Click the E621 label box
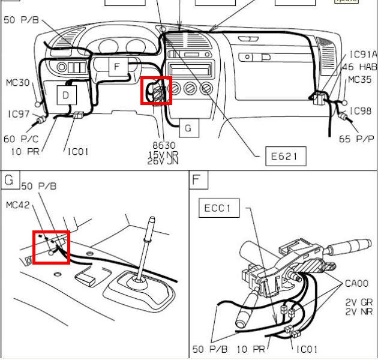[285, 157]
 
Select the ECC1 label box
[218, 209]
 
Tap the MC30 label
[18, 83]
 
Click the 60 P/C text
[17, 139]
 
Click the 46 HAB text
[359, 67]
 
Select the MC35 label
[360, 80]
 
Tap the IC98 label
[361, 111]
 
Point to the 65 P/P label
[356, 139]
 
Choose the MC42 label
[18, 205]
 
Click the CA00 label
[357, 283]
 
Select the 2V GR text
[359, 302]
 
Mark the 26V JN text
[163, 161]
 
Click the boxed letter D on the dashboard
[66, 94]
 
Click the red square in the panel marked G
[52, 247]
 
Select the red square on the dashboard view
[156, 91]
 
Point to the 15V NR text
[163, 154]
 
